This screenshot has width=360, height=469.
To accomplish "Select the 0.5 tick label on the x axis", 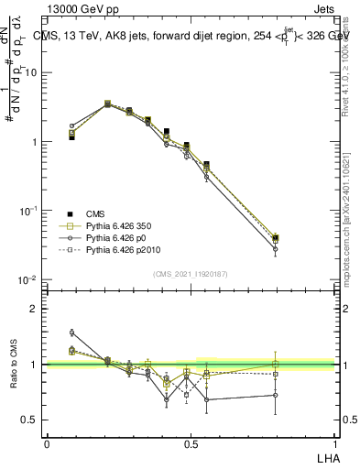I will coord(190,444).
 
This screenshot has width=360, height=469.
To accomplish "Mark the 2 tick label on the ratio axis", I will coord(35,309).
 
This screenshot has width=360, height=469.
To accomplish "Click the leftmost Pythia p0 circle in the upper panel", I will coord(71,125).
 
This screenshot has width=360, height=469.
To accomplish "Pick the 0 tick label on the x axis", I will coord(47,444).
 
